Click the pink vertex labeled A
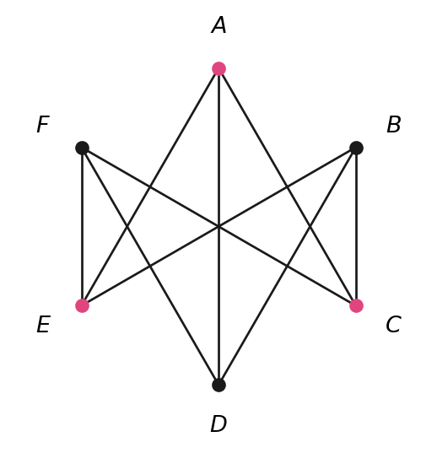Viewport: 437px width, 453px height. (218, 69)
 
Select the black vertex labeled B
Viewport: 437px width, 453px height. (356, 148)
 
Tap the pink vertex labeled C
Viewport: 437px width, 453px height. (356, 305)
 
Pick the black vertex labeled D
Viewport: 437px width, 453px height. (218, 385)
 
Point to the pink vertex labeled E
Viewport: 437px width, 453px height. (82, 305)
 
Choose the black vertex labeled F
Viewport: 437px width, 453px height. (82, 148)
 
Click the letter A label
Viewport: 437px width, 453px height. (218, 25)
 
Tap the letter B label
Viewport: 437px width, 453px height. (394, 124)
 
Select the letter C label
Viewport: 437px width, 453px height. (393, 325)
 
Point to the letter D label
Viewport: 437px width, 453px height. (218, 423)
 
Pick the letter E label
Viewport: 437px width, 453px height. (44, 325)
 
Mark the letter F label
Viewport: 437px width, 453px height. (43, 124)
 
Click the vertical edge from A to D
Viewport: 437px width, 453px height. (218, 227)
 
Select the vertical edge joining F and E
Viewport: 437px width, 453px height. (82, 227)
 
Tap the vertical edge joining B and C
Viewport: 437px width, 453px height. (356, 227)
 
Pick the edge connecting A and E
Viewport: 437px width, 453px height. (150, 187)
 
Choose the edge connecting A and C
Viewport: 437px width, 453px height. (288, 187)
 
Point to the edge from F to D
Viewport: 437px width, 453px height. (150, 267)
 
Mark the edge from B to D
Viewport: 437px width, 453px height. (288, 267)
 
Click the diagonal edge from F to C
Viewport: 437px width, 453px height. (219, 227)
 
